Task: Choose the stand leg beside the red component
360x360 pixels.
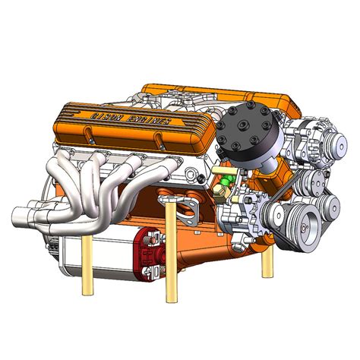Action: click(x=171, y=251)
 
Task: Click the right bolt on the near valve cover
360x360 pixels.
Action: click(x=160, y=139)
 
